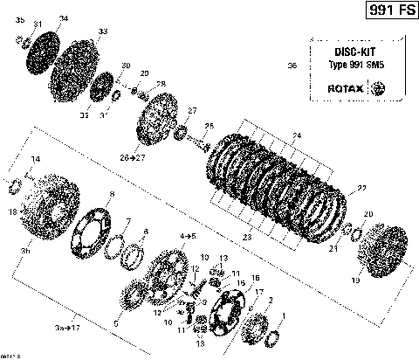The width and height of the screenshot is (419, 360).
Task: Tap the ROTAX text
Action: [347, 88]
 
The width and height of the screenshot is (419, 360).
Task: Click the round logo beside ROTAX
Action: [378, 88]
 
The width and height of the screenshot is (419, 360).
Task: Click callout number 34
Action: [63, 18]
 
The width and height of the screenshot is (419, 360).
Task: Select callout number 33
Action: [103, 31]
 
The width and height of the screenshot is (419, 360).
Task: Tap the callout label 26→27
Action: [133, 157]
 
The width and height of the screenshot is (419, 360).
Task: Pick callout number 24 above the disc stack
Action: [296, 135]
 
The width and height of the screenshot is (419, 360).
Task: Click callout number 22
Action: [361, 189]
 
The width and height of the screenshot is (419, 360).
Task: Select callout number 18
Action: [11, 211]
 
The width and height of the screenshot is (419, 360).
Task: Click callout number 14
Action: [36, 159]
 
